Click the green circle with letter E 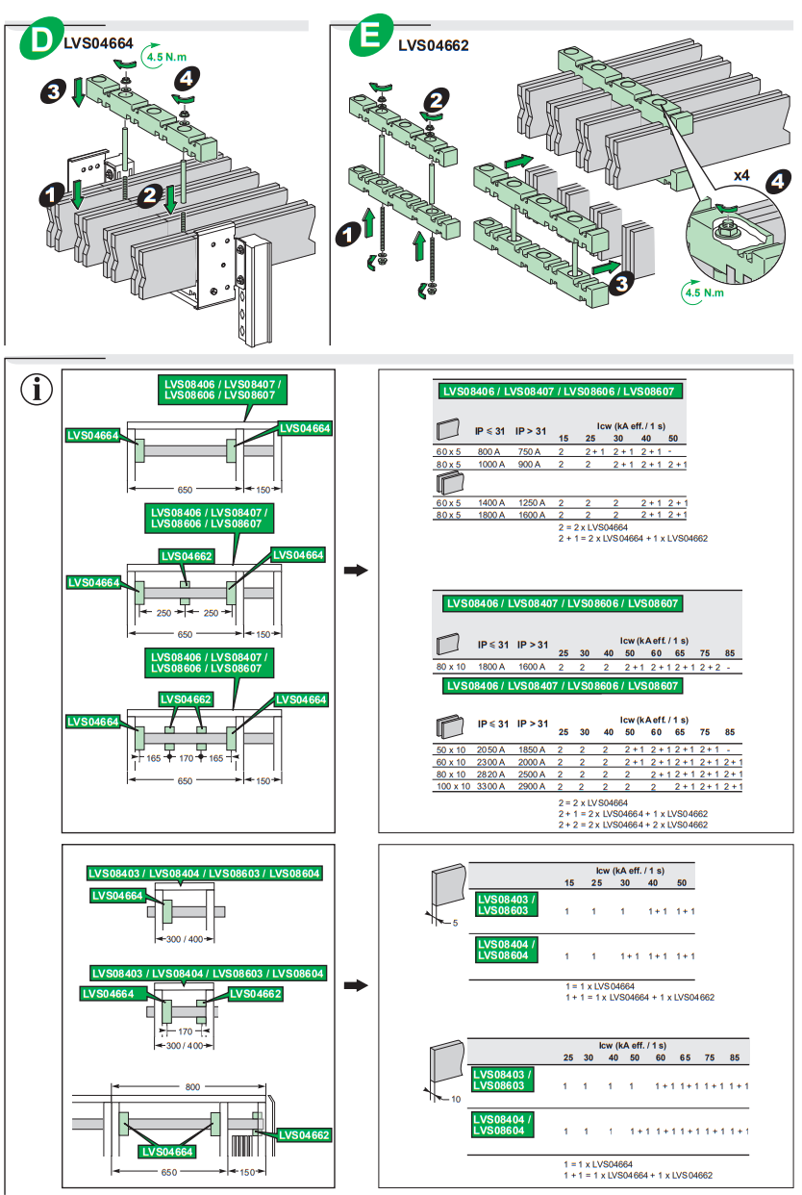pos(368,38)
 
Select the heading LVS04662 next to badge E pos(433,44)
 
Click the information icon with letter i pos(38,390)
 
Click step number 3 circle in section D pos(54,91)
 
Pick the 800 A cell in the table pos(490,450)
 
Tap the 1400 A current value pos(491,502)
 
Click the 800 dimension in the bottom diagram pos(193,1086)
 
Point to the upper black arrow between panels pos(356,571)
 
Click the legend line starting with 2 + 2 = pos(633,825)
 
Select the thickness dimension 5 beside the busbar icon pos(455,923)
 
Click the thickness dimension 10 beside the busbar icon pos(456,1098)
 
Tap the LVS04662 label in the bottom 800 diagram pos(305,1135)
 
